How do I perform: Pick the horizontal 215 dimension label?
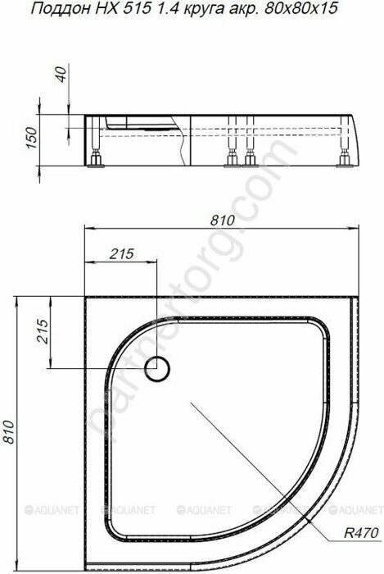pyautogui.click(x=120, y=254)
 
